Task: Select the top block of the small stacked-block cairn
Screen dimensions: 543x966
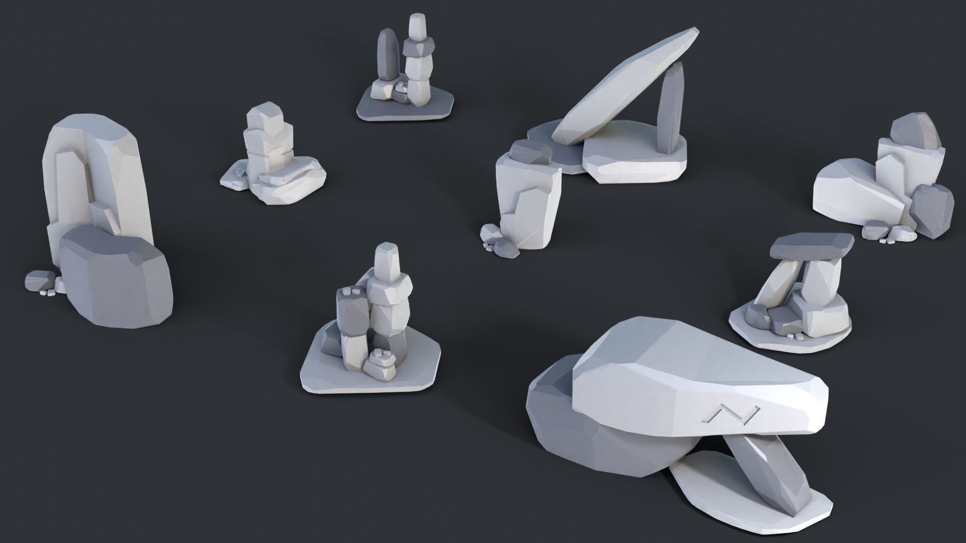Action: point(261,116)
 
